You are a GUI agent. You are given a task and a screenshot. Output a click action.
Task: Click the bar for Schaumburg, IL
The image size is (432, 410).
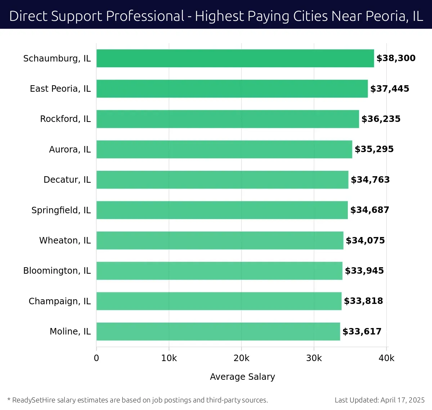(x=235, y=58)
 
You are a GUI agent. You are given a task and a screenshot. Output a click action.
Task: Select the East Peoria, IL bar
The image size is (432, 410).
(x=232, y=88)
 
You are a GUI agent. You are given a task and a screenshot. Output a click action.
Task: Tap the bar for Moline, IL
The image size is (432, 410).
(x=218, y=331)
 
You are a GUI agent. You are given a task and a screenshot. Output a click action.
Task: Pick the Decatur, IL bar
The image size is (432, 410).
(x=222, y=179)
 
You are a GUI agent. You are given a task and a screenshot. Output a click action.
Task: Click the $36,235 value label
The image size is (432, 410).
(x=381, y=119)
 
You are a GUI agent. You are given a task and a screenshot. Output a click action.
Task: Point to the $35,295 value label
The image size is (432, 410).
(x=374, y=149)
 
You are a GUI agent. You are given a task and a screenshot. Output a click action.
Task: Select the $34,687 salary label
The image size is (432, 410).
(x=370, y=210)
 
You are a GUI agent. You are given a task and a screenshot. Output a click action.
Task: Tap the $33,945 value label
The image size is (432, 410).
(x=364, y=271)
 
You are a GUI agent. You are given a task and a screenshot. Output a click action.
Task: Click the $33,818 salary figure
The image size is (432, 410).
(x=363, y=301)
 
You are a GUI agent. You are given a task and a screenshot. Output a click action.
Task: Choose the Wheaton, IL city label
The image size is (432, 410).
(x=65, y=240)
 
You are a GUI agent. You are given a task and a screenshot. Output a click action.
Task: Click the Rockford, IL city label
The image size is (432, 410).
(x=65, y=119)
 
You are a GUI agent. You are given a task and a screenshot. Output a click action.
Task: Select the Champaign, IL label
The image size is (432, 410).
(x=60, y=301)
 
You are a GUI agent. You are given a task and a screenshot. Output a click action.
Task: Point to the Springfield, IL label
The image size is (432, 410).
(x=61, y=210)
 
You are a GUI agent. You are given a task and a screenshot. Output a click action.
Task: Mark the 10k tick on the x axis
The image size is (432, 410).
(x=169, y=358)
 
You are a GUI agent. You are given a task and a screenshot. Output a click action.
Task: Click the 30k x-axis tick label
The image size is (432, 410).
(x=314, y=358)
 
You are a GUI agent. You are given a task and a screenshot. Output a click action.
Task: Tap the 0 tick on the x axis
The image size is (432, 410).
(x=96, y=358)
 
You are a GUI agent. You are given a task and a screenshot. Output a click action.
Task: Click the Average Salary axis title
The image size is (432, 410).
(x=242, y=377)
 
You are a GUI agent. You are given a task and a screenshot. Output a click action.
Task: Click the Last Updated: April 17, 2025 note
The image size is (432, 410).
(x=379, y=400)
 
